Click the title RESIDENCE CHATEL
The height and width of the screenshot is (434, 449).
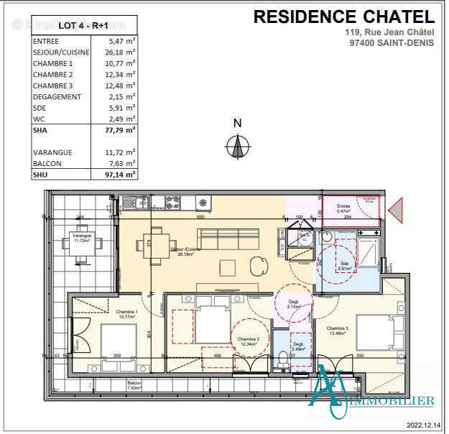click(343, 17)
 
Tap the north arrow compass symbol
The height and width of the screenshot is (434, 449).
click(236, 147)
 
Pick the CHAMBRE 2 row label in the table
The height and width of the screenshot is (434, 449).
click(52, 74)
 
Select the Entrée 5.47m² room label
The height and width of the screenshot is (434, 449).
click(350, 208)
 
